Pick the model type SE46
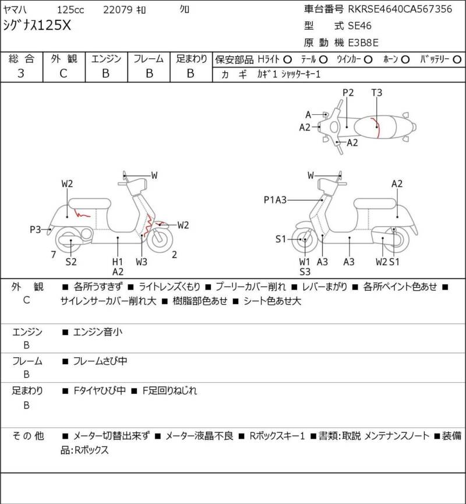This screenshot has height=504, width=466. pos(360,26)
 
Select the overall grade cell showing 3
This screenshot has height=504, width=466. pos(21,73)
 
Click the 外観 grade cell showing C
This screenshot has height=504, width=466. pos(63,73)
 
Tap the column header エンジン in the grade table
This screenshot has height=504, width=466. pos(106,59)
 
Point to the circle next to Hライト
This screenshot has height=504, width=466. pos(287,59)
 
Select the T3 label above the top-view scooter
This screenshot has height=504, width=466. pos(376,93)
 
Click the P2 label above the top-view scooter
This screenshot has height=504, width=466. pos(348,93)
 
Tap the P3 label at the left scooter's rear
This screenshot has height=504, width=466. pos(36,230)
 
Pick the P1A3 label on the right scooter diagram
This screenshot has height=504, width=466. pos(275,200)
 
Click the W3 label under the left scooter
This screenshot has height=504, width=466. pos(142,262)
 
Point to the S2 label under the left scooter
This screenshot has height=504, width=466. pos(71,262)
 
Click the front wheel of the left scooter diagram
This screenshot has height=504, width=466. pos(160,239)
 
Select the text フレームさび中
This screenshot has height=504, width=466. pos(100,361)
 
